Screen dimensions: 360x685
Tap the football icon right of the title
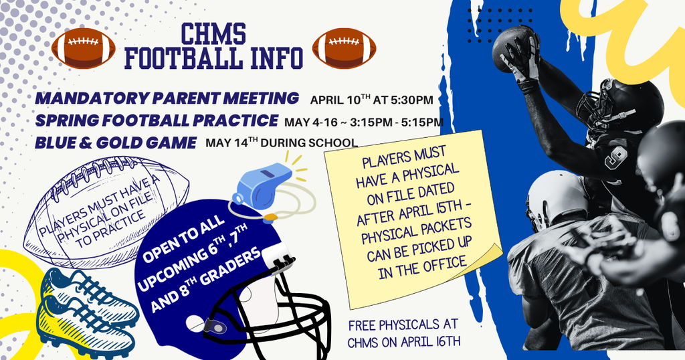click(x=344, y=48)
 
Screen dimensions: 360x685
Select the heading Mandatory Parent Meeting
click(x=167, y=98)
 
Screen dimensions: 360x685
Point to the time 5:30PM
click(x=410, y=100)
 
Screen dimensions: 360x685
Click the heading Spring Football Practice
click(x=157, y=120)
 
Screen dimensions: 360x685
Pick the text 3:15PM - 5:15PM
click(x=394, y=122)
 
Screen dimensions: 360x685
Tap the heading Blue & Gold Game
click(x=116, y=143)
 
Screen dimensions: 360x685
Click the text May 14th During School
click(x=281, y=143)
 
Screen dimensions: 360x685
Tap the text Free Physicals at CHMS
click(x=403, y=333)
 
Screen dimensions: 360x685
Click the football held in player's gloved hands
click(x=512, y=47)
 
